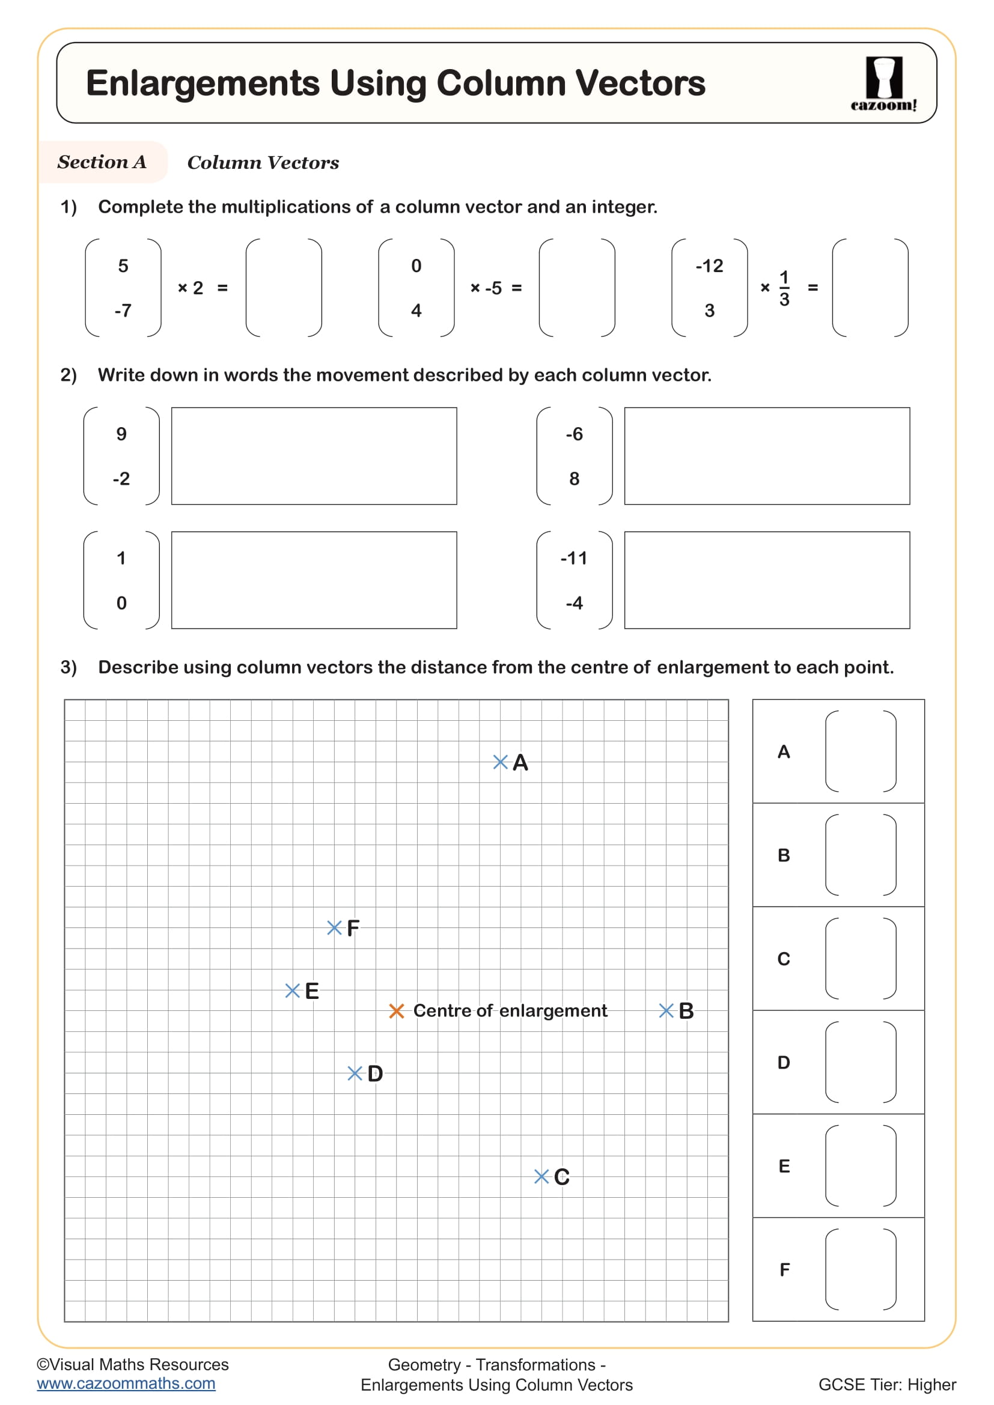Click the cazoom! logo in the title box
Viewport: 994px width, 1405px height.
883,84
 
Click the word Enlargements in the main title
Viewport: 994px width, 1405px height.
203,83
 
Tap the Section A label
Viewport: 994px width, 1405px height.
102,162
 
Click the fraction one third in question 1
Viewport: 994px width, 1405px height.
784,288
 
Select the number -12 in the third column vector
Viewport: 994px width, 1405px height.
709,266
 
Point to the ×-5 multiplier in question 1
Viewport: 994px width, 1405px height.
487,288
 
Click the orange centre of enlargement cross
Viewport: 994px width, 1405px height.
397,1011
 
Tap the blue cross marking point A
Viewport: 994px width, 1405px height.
500,762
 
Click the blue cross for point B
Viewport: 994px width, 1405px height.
666,1010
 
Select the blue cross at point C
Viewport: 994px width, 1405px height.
541,1176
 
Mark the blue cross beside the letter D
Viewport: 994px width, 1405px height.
355,1073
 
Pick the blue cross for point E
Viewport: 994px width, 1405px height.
293,991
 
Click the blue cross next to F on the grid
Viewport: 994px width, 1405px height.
334,927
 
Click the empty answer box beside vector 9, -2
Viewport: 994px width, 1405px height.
314,456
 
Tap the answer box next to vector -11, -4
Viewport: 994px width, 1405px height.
766,580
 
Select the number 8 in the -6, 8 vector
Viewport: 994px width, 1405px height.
574,479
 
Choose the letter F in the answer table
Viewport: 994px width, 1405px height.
784,1269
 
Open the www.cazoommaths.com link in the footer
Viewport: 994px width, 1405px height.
126,1383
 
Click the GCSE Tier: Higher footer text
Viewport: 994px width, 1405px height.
886,1384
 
